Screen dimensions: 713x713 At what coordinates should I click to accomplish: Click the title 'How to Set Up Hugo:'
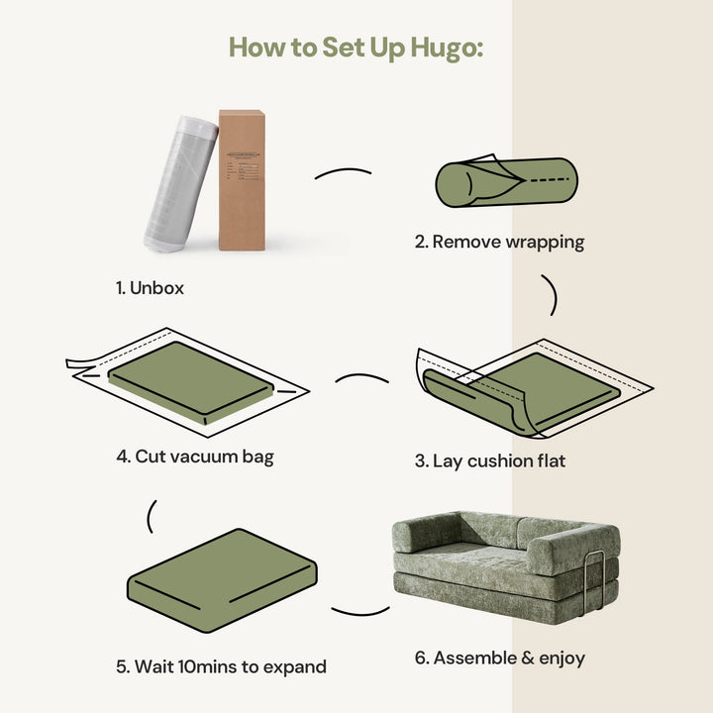(356, 47)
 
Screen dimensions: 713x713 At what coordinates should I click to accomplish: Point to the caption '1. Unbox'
(150, 288)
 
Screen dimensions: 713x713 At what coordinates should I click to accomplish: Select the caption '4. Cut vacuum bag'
(195, 457)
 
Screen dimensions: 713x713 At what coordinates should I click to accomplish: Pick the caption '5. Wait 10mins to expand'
(221, 666)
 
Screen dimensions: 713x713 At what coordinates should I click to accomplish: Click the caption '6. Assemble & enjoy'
(498, 658)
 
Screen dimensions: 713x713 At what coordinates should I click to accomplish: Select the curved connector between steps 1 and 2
(343, 174)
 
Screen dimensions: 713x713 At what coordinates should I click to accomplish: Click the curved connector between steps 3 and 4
(362, 378)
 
